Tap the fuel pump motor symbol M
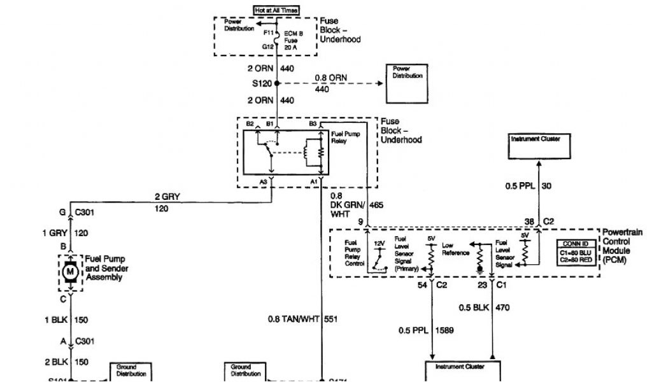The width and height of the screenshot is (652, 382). pyautogui.click(x=68, y=272)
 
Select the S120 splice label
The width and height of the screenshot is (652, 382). pyautogui.click(x=262, y=83)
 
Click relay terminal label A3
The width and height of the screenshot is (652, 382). pyautogui.click(x=264, y=181)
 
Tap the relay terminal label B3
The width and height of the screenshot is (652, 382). pyautogui.click(x=313, y=124)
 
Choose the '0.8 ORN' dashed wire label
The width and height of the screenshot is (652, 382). pyautogui.click(x=330, y=78)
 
